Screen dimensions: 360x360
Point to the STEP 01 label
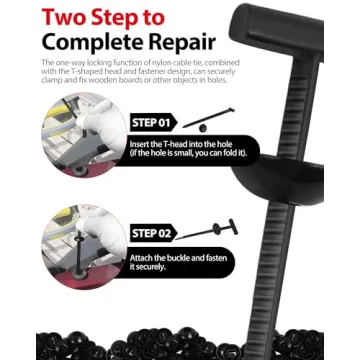pos(153,122)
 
